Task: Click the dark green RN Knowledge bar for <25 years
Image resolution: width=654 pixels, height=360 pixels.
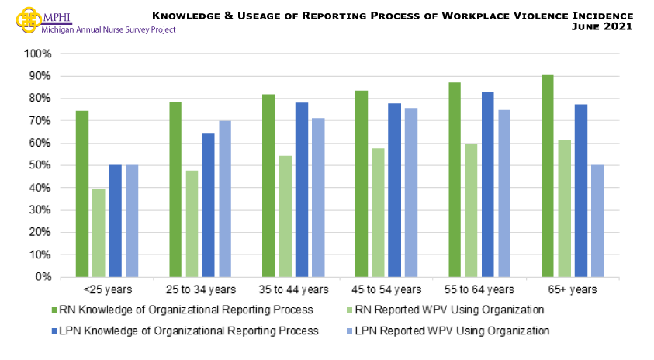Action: (x=82, y=194)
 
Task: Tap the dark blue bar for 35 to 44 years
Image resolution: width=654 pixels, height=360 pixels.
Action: (x=301, y=189)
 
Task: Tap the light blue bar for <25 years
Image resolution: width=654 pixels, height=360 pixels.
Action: (x=131, y=220)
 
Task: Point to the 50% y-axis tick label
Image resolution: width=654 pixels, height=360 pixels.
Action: (x=40, y=165)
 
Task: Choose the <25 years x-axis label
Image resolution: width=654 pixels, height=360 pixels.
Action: (x=107, y=290)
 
